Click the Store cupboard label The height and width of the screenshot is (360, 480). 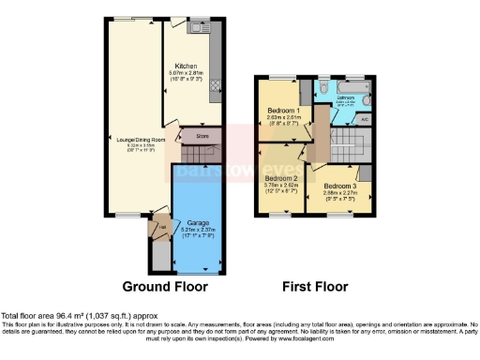(202, 136)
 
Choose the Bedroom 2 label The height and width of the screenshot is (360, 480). (280, 178)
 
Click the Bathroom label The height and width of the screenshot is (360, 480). (344, 97)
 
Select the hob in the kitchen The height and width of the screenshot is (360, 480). (214, 85)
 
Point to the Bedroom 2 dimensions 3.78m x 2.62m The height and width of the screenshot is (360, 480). (280, 187)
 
